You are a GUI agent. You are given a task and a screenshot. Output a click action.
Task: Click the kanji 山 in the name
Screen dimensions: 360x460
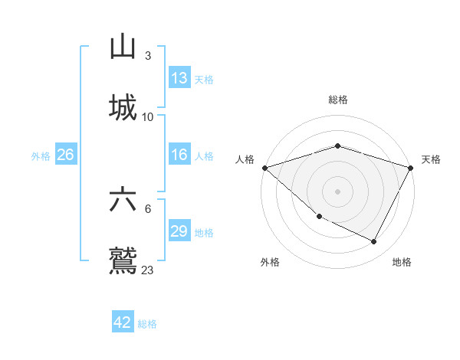(123, 47)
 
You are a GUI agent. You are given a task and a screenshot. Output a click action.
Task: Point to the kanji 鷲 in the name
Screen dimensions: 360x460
(123, 259)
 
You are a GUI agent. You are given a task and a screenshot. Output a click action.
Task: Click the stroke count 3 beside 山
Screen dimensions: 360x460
(148, 56)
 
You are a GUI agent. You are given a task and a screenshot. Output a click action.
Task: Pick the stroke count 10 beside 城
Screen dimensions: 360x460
(148, 116)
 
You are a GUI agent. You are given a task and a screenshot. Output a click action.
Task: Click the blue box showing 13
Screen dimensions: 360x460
(179, 78)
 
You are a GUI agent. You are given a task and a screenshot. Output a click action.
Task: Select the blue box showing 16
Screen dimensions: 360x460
(179, 155)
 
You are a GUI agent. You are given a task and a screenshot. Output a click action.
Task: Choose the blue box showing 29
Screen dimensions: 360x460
(179, 231)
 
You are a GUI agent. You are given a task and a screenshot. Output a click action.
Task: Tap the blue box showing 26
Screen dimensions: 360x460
(66, 155)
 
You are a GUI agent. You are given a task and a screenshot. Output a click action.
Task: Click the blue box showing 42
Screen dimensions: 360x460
(123, 322)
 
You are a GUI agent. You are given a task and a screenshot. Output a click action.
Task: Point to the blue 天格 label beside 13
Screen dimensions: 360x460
(204, 80)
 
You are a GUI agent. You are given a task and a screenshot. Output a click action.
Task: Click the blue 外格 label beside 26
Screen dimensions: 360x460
(41, 156)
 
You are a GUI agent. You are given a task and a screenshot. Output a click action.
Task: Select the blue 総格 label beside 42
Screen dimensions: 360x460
(147, 324)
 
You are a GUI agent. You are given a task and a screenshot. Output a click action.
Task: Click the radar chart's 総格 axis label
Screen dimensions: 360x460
(337, 100)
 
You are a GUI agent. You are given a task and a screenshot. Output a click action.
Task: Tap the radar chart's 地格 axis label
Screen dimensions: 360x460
(402, 262)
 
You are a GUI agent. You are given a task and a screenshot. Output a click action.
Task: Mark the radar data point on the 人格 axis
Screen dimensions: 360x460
(264, 168)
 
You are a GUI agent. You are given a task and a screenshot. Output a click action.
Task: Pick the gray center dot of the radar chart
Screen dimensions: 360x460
(337, 191)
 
